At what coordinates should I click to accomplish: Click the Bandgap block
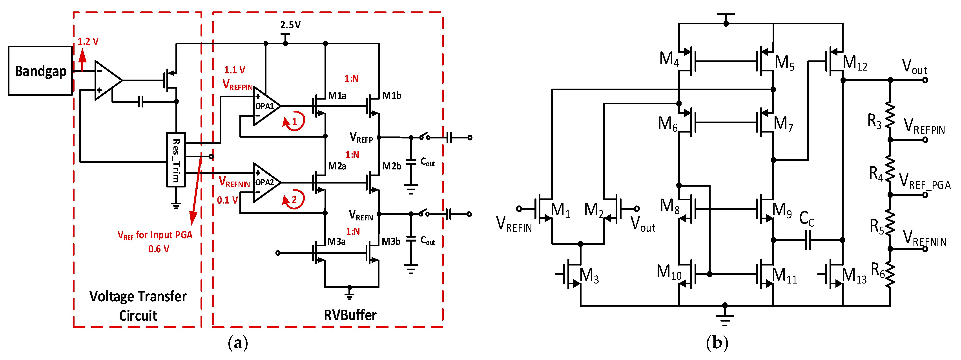coord(40,71)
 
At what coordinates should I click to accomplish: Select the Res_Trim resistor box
coord(176,160)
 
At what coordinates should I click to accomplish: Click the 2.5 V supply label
coord(290,25)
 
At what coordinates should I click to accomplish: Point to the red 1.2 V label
coord(88,41)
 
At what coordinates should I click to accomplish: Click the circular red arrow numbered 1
coord(294,121)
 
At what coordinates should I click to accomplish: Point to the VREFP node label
coord(361,138)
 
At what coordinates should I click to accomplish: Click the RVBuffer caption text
coord(350,315)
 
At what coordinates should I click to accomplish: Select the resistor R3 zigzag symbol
coord(890,116)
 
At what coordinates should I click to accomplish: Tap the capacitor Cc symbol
coord(808,240)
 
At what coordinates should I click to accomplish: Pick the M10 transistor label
coord(669,272)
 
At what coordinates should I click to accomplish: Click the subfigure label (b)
coord(717,342)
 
